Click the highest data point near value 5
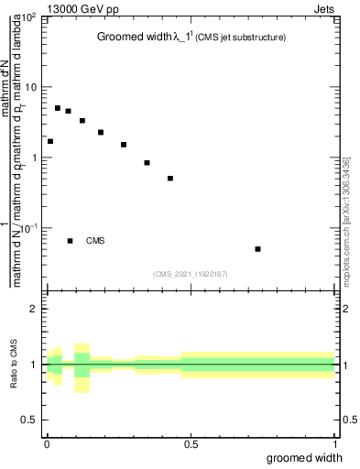click(x=58, y=108)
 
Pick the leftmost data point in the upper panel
click(x=50, y=141)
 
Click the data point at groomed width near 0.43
click(x=170, y=179)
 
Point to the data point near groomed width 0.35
click(x=147, y=163)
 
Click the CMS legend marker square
click(x=70, y=241)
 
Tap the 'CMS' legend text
click(x=95, y=241)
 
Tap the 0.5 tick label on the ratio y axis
click(x=31, y=420)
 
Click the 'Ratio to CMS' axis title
click(x=14, y=365)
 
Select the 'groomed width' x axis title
click(x=305, y=457)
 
